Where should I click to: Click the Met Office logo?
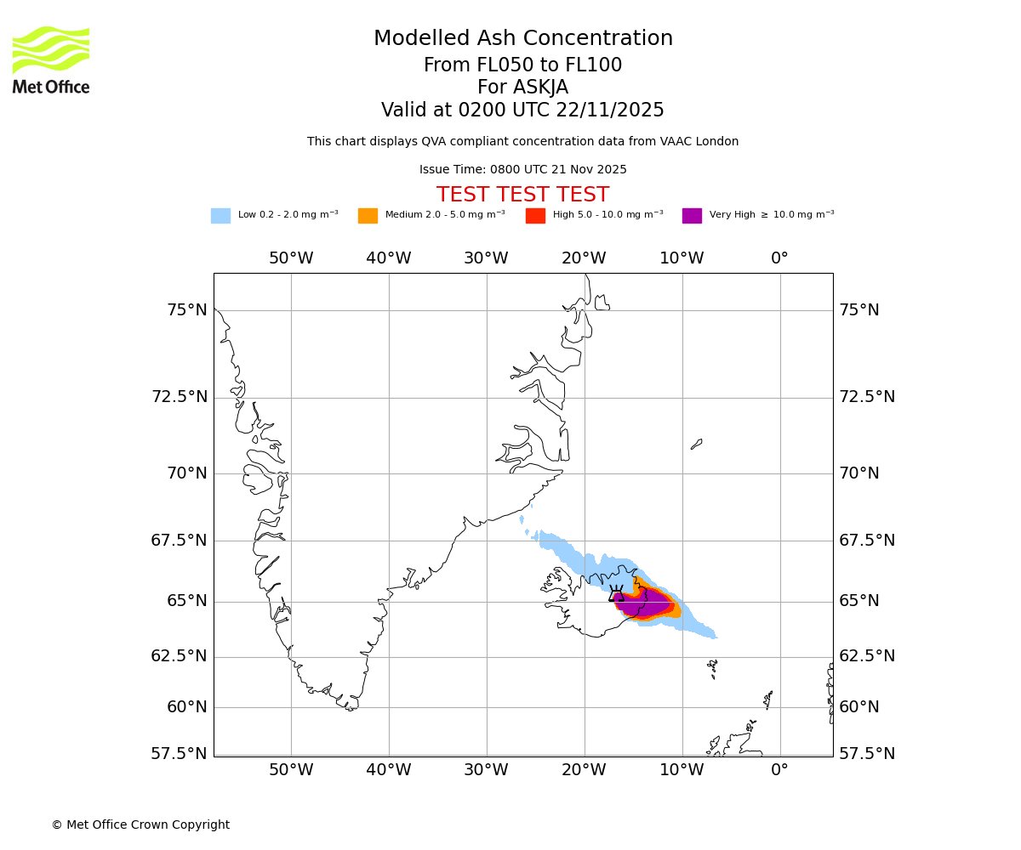click(51, 59)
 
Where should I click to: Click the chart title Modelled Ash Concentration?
click(522, 39)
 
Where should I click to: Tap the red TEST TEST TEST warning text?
click(522, 195)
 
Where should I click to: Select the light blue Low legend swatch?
click(220, 216)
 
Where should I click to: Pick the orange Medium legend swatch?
click(368, 216)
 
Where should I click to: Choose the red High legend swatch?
click(535, 216)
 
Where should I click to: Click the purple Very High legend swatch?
click(692, 216)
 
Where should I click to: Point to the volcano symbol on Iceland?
click(616, 593)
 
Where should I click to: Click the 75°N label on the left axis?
click(186, 310)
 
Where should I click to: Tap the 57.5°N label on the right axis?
click(867, 754)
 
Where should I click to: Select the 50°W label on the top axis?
click(291, 258)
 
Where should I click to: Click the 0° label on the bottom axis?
click(779, 771)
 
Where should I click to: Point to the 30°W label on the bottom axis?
click(486, 771)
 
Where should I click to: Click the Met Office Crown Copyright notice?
click(140, 825)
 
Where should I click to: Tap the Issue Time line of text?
click(522, 170)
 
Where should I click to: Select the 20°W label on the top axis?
click(584, 258)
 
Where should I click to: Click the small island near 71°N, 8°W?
click(696, 444)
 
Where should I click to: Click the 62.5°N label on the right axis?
click(867, 656)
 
